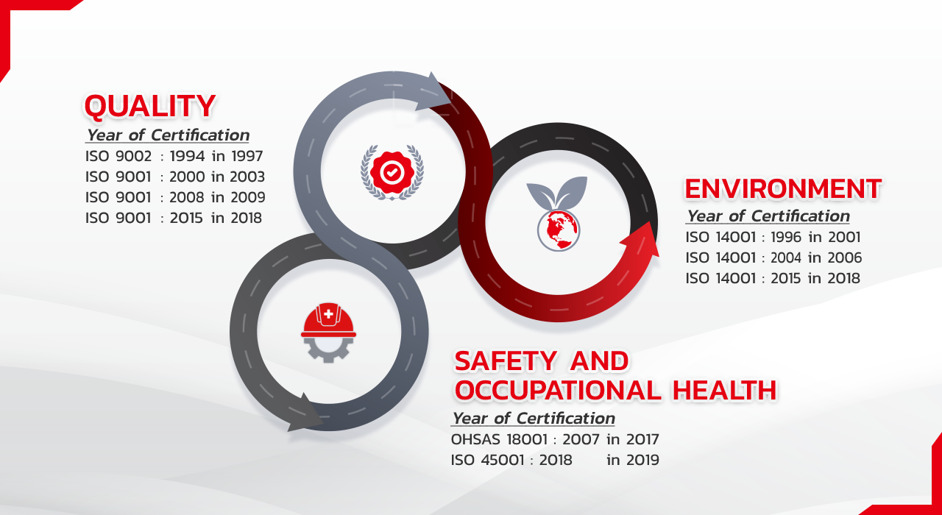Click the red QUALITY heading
[x=150, y=107]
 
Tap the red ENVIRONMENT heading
[x=783, y=189]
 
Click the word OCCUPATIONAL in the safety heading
[x=558, y=390]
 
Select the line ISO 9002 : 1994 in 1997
[x=174, y=157]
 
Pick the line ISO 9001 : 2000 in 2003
[x=175, y=177]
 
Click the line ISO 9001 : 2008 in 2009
[x=175, y=198]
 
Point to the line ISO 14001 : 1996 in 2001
[x=773, y=237]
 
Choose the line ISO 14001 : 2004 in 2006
[x=773, y=257]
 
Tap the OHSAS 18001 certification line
[x=555, y=439]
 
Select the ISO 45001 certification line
[x=555, y=460]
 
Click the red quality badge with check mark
[x=392, y=172]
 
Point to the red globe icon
[x=559, y=230]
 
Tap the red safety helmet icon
[x=328, y=320]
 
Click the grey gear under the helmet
[x=328, y=349]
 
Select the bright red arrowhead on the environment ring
[x=641, y=241]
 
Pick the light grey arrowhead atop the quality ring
[x=434, y=92]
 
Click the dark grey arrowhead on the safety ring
[x=305, y=413]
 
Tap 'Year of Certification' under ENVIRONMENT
[x=768, y=216]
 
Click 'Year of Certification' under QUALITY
[x=167, y=135]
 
